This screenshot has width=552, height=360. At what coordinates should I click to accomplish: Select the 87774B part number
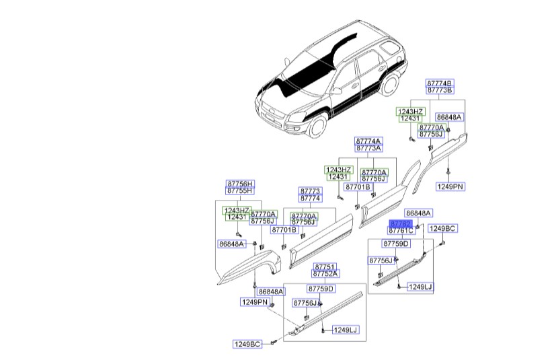(x=440, y=82)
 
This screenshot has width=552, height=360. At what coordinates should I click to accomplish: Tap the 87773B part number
(x=440, y=89)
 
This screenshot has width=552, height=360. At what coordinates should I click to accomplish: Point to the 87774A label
(x=368, y=141)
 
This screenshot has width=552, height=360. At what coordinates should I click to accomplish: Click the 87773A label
(x=368, y=148)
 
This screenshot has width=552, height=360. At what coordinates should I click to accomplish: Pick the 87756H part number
(x=239, y=184)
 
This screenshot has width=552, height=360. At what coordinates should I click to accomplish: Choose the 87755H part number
(x=239, y=191)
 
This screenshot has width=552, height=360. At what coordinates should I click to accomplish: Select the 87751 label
(x=325, y=266)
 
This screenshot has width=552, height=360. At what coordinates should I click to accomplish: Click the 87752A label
(x=325, y=274)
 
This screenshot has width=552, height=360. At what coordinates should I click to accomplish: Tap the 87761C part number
(x=401, y=231)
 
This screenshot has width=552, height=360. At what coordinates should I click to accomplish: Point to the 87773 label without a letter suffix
(x=310, y=191)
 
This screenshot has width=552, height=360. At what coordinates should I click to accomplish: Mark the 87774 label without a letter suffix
(x=310, y=199)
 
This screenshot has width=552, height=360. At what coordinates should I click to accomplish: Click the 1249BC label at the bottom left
(x=247, y=345)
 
